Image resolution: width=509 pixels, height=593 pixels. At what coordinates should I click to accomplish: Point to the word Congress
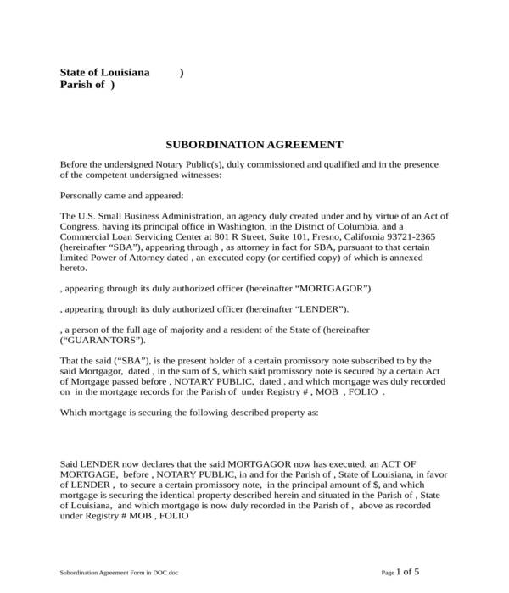point(81,227)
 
